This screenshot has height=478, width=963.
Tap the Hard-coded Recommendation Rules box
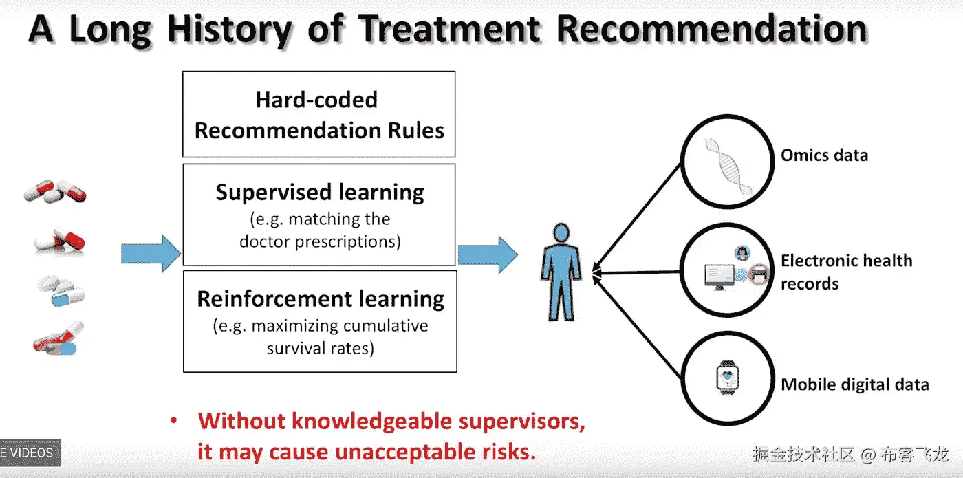pyautogui.click(x=319, y=115)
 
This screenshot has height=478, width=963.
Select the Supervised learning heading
pyautogui.click(x=320, y=192)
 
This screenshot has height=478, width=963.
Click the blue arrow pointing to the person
pyautogui.click(x=488, y=254)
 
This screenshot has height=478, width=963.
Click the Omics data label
pyautogui.click(x=824, y=155)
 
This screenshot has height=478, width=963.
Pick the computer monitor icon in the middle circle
pyautogui.click(x=719, y=276)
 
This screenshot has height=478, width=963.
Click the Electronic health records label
pyautogui.click(x=846, y=272)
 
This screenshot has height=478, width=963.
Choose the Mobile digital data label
pyautogui.click(x=854, y=384)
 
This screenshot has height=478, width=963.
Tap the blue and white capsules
pyautogui.click(x=62, y=292)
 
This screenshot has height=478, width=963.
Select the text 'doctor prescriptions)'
pyautogui.click(x=320, y=241)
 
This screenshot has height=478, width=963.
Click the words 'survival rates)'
pyautogui.click(x=320, y=348)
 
